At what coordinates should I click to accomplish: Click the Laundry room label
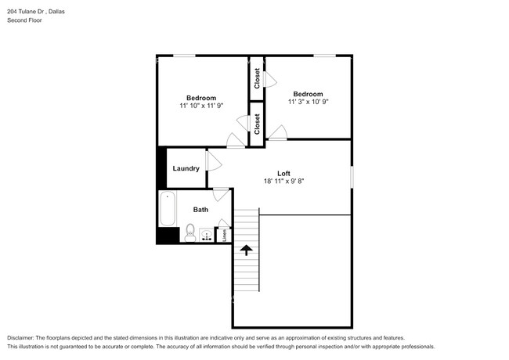click(186, 168)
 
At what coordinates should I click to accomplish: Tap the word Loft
click(283, 174)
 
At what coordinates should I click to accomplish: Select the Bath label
click(200, 210)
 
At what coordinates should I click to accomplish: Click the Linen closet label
click(224, 236)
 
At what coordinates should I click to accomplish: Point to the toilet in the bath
click(190, 232)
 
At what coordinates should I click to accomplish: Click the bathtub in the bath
click(168, 208)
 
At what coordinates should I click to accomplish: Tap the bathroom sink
click(206, 235)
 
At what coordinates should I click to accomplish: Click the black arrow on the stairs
click(247, 250)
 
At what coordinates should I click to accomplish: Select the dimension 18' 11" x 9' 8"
click(283, 182)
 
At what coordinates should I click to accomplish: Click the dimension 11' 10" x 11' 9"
click(201, 106)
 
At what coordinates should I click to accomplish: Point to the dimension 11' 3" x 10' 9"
click(308, 102)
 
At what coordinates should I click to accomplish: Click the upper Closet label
click(257, 78)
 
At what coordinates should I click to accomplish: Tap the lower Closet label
click(257, 124)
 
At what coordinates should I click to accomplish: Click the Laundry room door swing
click(214, 161)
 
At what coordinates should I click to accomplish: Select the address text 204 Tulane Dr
click(26, 12)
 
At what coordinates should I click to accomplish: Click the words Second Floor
click(25, 20)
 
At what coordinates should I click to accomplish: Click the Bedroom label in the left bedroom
click(201, 98)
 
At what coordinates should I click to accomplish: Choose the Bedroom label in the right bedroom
click(308, 94)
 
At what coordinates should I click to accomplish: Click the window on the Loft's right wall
click(352, 177)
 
